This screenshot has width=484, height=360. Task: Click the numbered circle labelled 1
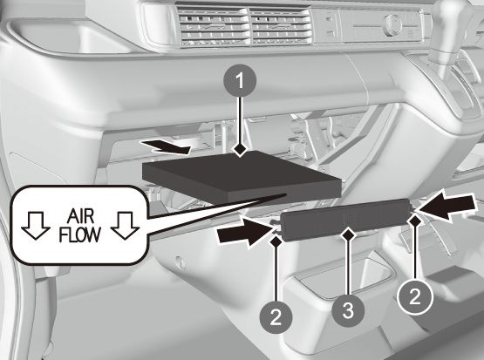click(x=240, y=80)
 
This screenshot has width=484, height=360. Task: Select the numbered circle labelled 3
click(x=348, y=309)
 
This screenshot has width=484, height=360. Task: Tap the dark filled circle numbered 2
click(x=276, y=316)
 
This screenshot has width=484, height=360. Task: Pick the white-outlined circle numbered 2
click(x=415, y=297)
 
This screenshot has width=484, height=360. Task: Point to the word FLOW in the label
click(x=80, y=234)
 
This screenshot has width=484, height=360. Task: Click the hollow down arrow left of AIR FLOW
click(x=36, y=225)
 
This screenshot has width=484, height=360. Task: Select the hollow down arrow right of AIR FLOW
click(x=125, y=225)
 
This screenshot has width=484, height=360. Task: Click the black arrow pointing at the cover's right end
click(x=445, y=206)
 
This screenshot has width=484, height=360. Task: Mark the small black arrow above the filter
click(x=165, y=146)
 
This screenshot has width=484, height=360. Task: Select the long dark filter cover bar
click(x=345, y=219)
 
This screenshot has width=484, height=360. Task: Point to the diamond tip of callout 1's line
click(x=240, y=151)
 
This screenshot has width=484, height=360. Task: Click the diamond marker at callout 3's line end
click(x=348, y=235)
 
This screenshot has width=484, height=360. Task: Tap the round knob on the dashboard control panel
click(x=392, y=24)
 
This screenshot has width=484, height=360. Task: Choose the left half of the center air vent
click(x=214, y=27)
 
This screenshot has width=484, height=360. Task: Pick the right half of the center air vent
click(x=280, y=27)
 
